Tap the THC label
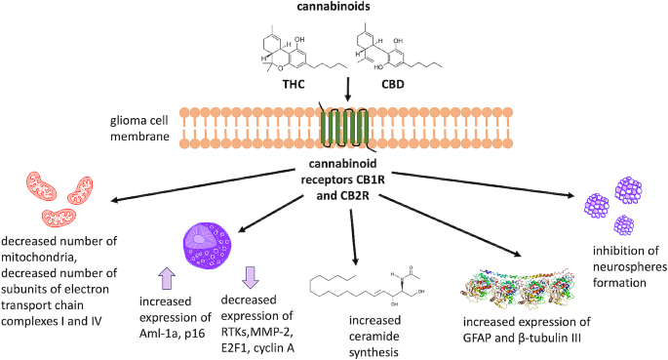click(294, 84)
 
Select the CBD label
click(392, 84)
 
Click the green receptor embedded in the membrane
click(344, 128)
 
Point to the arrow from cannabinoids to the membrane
click(347, 90)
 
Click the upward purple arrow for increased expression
click(167, 279)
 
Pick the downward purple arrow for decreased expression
click(250, 278)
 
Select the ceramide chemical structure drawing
click(367, 286)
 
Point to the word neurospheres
click(630, 266)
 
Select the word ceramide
click(374, 337)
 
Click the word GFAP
click(477, 339)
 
